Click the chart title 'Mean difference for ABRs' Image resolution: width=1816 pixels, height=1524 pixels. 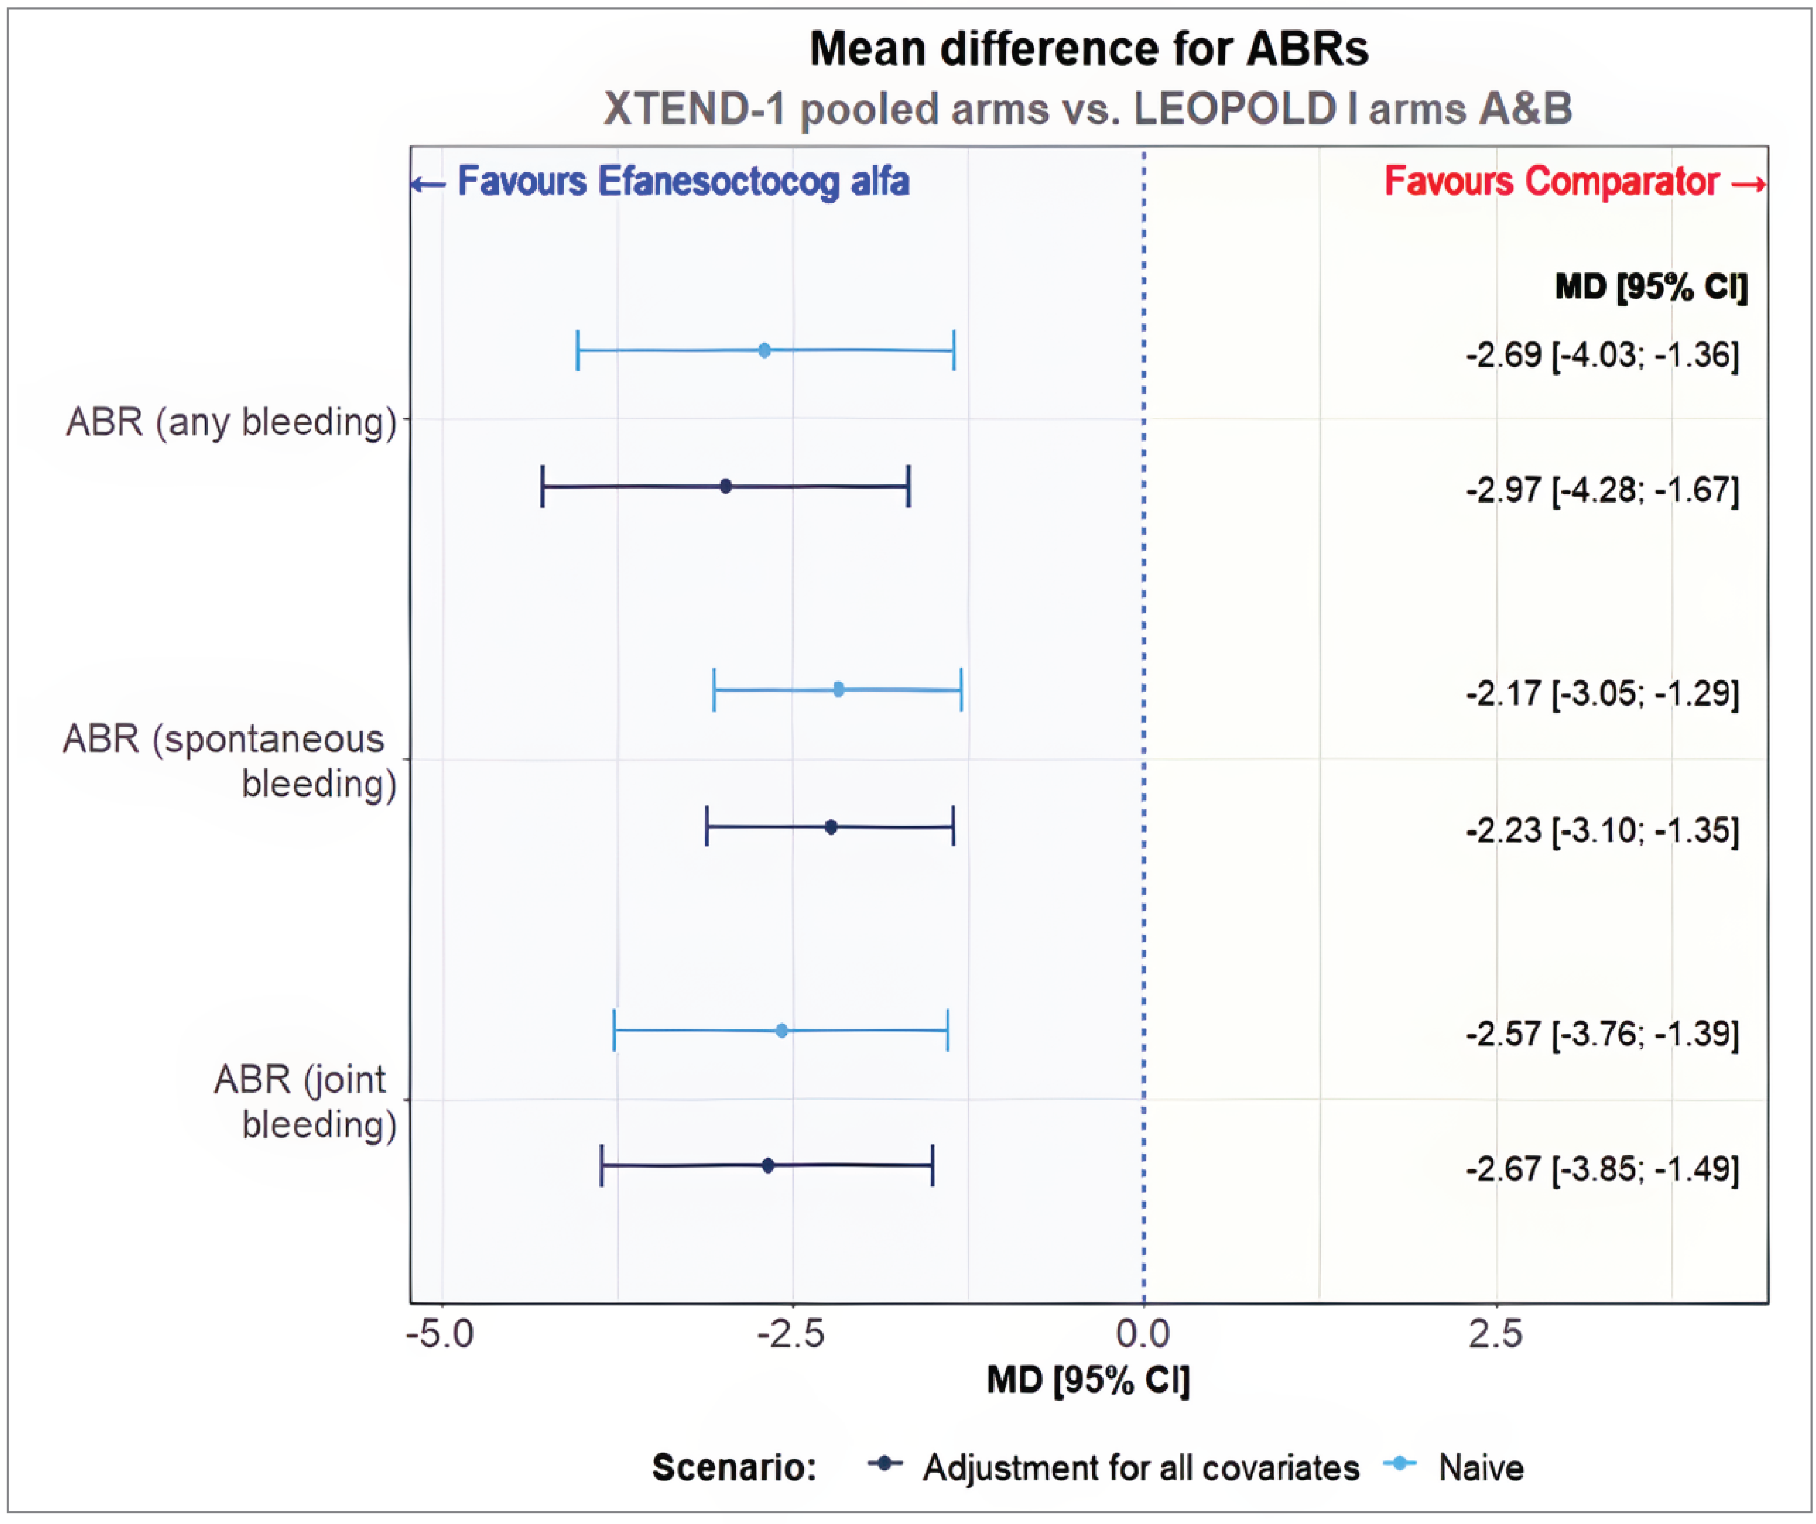pyautogui.click(x=1089, y=49)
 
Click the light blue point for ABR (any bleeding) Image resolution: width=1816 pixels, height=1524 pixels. pyautogui.click(x=764, y=350)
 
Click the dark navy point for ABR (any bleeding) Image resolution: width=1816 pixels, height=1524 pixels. pyautogui.click(x=725, y=487)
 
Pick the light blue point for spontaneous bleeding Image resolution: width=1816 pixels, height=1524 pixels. pyautogui.click(x=838, y=689)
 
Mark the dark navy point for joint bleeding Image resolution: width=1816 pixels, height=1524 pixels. pyautogui.click(x=768, y=1165)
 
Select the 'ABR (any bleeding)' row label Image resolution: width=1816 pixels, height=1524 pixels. pyautogui.click(x=231, y=422)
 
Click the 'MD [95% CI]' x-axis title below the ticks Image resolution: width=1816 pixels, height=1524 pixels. pyautogui.click(x=1088, y=1380)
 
